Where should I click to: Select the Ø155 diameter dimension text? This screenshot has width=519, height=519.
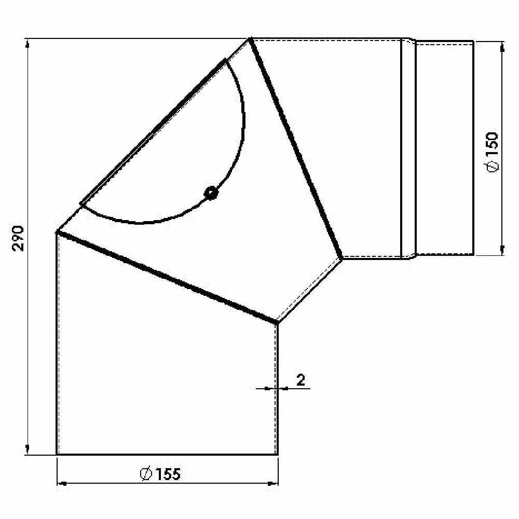point(160,474)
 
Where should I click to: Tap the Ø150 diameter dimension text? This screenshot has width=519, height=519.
point(493,152)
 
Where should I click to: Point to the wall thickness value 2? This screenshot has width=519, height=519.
point(301,380)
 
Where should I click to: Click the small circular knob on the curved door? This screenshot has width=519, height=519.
point(211,193)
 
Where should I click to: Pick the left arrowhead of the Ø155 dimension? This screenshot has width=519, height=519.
point(62,484)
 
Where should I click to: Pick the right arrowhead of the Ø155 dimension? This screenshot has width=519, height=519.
point(273,484)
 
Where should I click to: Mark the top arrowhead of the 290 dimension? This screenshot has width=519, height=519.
point(28,44)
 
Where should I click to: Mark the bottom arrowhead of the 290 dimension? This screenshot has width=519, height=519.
point(28,449)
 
